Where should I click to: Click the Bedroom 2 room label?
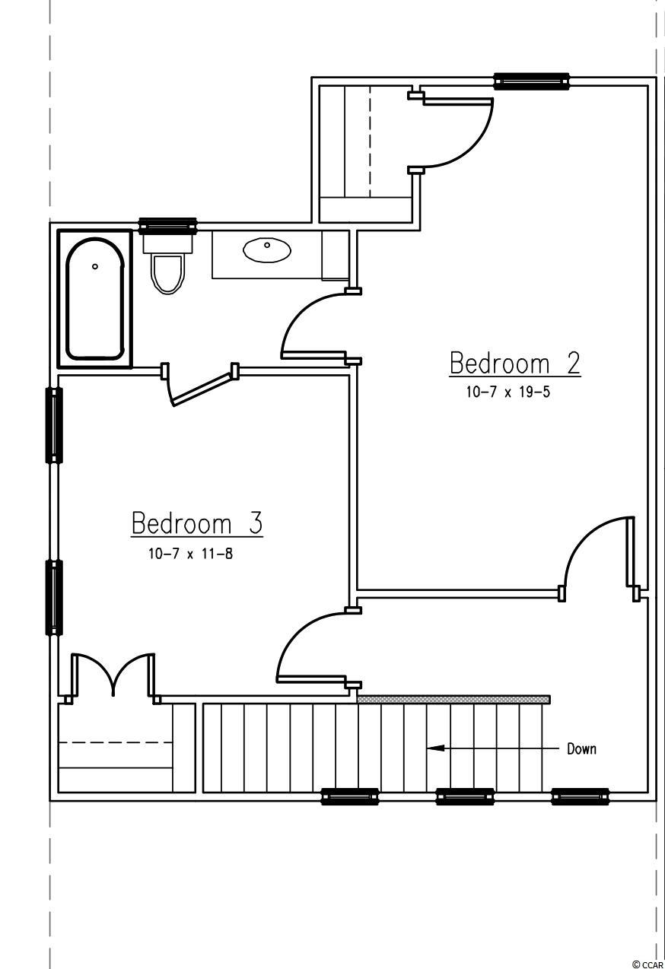[x=515, y=364]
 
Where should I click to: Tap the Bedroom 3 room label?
[x=197, y=523]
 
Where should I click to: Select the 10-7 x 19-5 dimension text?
[x=508, y=392]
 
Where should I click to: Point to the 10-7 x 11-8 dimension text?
[x=190, y=553]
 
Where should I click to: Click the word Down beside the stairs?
[x=581, y=749]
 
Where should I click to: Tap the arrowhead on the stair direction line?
[x=435, y=748]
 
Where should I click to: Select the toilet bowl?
[x=167, y=275]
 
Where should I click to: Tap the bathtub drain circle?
[x=95, y=266]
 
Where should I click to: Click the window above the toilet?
[x=167, y=226]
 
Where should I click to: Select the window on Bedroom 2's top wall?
[x=532, y=81]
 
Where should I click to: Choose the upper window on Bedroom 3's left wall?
[x=54, y=425]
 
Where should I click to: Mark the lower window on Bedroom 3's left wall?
[x=54, y=599]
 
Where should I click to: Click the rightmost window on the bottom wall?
[x=581, y=796]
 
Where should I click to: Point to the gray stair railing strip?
[x=454, y=700]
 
